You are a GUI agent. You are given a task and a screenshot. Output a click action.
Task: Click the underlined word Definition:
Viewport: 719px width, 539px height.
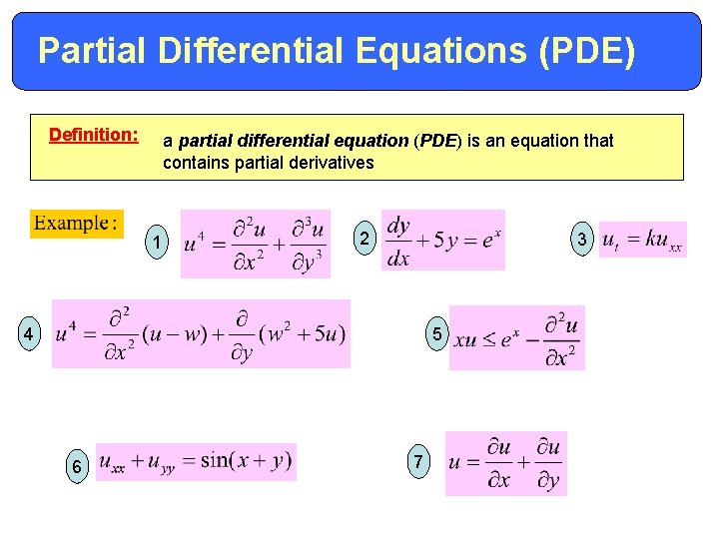(x=94, y=134)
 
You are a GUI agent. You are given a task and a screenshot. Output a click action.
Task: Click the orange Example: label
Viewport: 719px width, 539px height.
(x=76, y=222)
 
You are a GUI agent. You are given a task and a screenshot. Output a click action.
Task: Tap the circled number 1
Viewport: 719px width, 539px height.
(x=156, y=241)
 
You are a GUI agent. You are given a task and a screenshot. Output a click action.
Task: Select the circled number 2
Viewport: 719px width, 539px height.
(x=365, y=239)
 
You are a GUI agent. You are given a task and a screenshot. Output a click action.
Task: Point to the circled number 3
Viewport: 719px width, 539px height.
(x=582, y=239)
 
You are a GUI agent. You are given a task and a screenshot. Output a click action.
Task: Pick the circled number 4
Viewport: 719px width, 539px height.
(x=31, y=334)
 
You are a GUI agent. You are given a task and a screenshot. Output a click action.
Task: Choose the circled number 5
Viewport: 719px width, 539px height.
(x=434, y=332)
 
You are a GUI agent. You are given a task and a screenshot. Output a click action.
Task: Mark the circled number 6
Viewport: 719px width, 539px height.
(x=75, y=465)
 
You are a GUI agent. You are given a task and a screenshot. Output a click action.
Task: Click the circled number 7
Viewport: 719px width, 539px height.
(x=419, y=462)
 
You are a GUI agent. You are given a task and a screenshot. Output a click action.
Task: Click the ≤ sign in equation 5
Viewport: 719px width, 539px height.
(x=492, y=339)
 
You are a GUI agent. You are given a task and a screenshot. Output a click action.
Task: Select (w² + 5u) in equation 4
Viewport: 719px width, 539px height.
(x=301, y=334)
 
